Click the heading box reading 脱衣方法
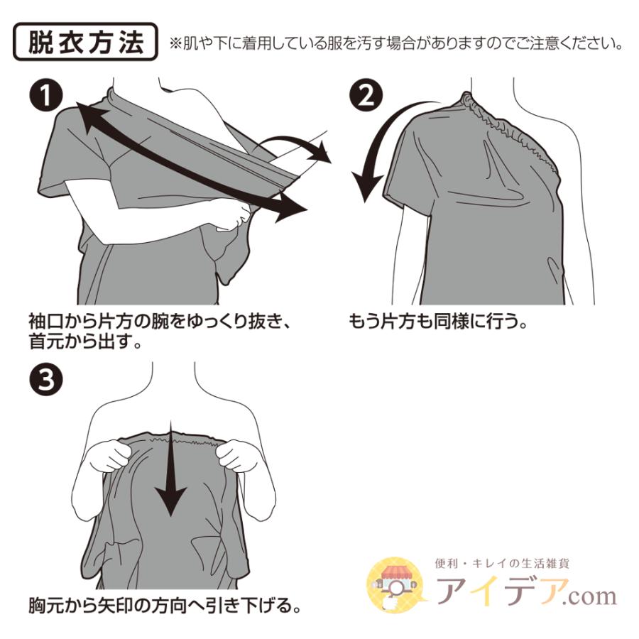pos(85,43)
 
